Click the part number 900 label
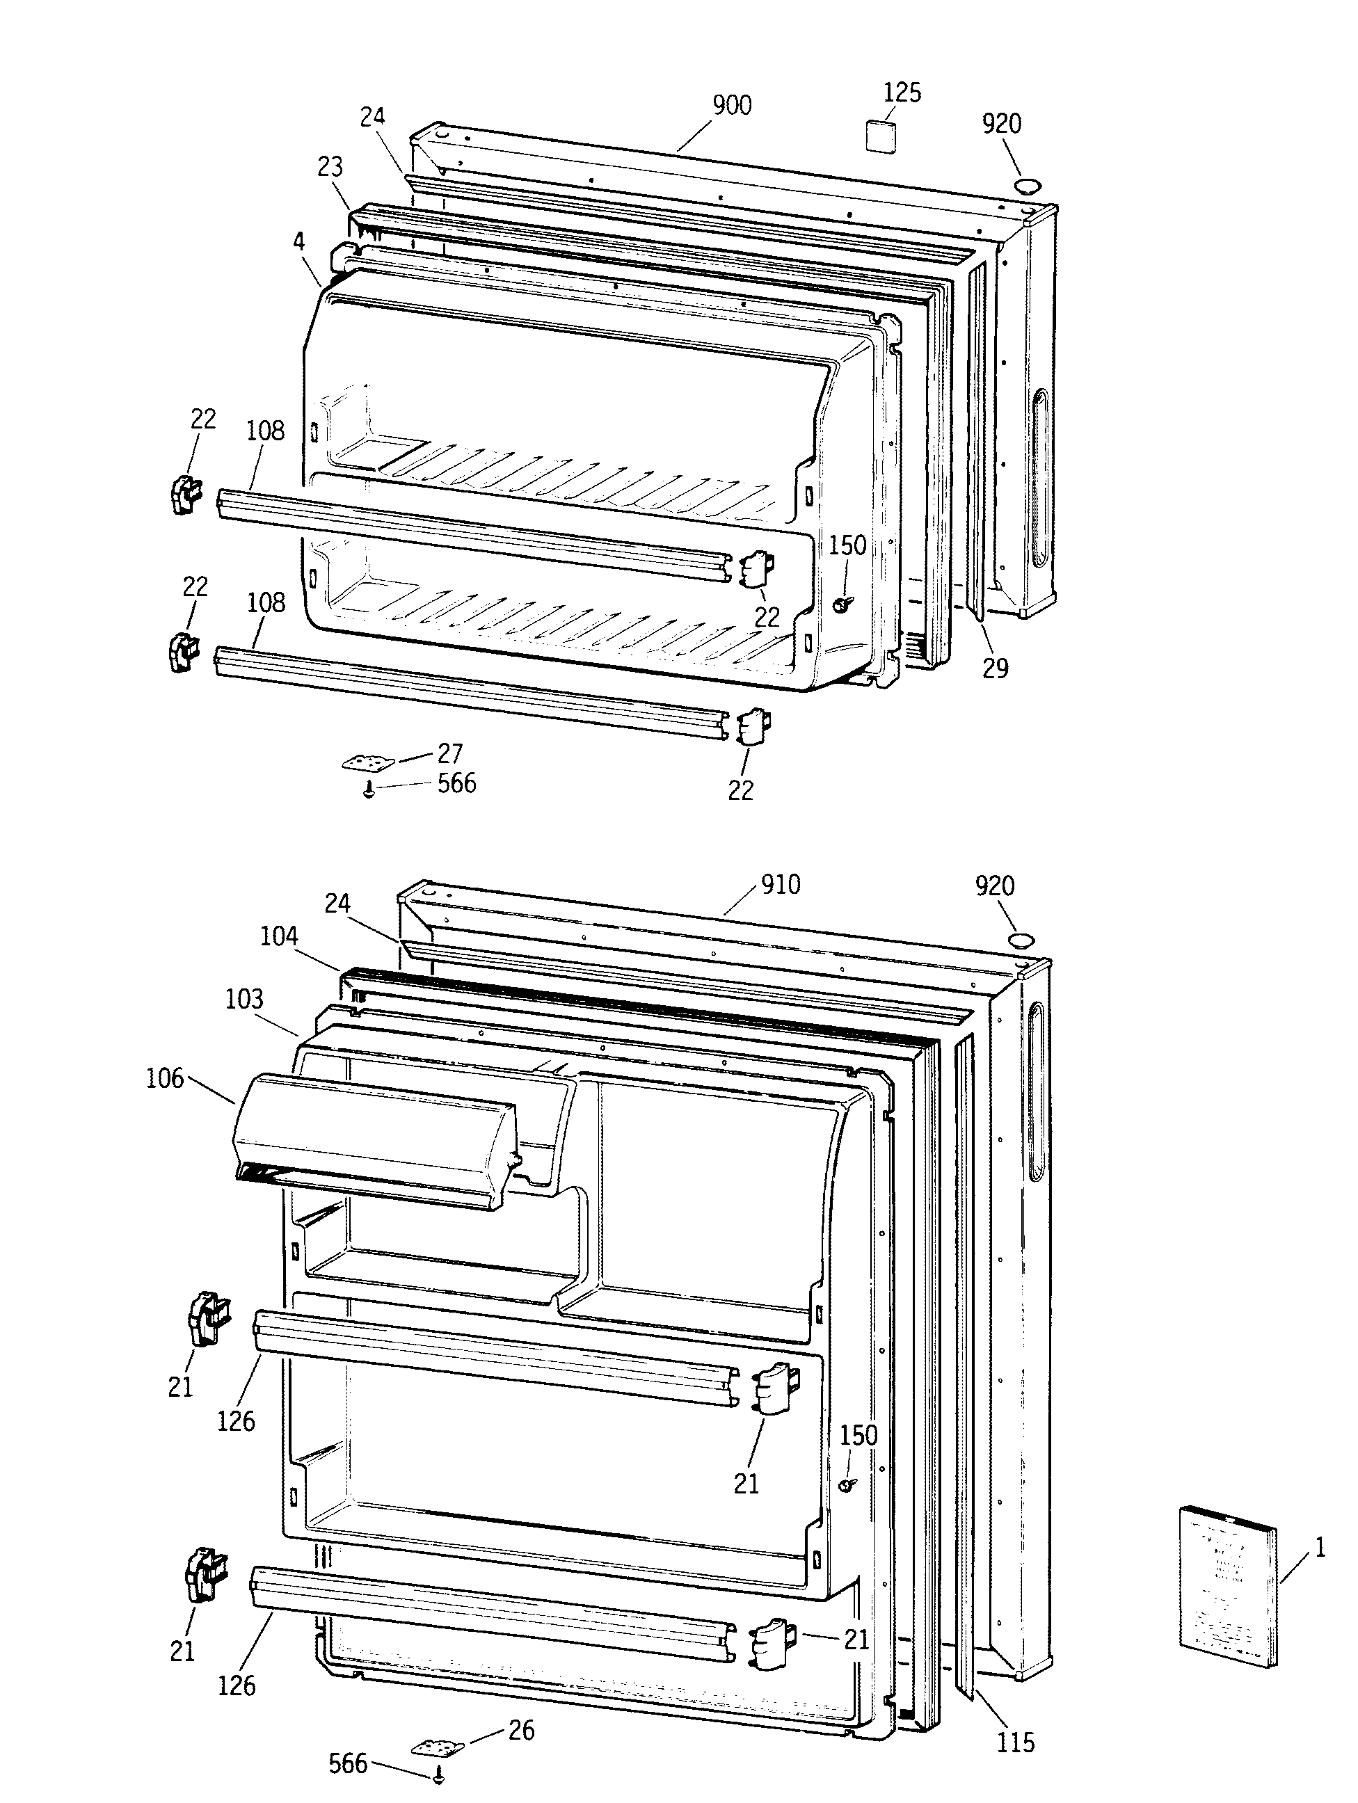point(731,106)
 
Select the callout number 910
point(780,884)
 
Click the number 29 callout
point(994,668)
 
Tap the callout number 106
point(165,1080)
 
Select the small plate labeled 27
point(367,764)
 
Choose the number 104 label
point(279,936)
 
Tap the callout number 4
point(298,241)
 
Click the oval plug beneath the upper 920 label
point(1026,184)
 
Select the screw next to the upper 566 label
point(369,788)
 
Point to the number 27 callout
point(450,753)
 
